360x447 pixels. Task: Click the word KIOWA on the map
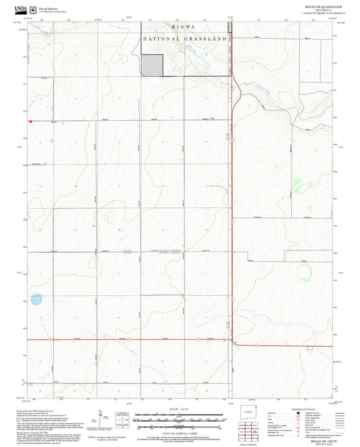pos(182,27)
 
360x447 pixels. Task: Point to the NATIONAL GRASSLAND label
pos(184,39)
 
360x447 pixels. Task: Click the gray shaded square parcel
pos(152,65)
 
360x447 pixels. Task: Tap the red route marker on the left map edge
pos(30,121)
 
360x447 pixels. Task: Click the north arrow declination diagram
pos(101,417)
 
